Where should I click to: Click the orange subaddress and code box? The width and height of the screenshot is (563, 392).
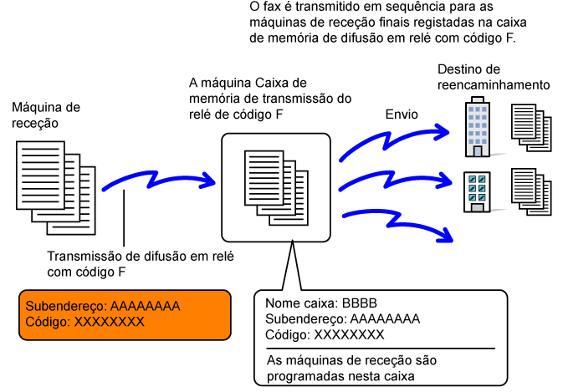click(125, 314)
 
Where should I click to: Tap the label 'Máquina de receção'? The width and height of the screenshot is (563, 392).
click(45, 115)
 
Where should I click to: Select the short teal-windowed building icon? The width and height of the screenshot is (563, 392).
click(477, 191)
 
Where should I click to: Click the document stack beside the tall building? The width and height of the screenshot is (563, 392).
click(532, 127)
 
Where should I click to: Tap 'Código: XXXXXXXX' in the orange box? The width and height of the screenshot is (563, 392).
click(85, 322)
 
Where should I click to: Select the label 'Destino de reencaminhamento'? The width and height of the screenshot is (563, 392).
click(493, 77)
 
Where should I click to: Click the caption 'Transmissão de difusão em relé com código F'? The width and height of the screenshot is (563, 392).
click(134, 264)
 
